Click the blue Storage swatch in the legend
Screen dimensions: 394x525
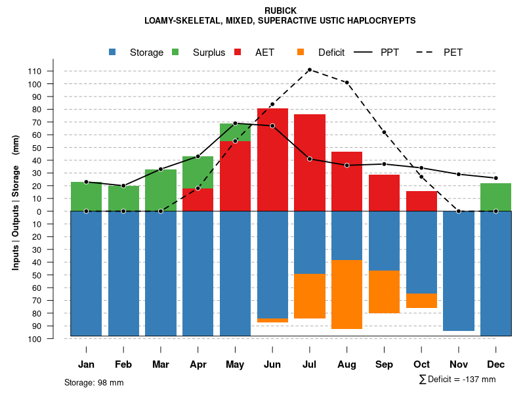click(113, 53)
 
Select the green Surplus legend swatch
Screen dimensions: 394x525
click(176, 53)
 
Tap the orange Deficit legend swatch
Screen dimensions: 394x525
click(301, 53)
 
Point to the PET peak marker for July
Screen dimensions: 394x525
click(309, 70)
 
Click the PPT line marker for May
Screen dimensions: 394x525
click(235, 123)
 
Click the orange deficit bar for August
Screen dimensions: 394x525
click(346, 294)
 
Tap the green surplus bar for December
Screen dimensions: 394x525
click(495, 197)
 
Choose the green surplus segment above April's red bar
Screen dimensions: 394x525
click(198, 172)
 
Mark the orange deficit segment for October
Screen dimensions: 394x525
click(421, 301)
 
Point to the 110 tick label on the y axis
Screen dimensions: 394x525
click(52, 71)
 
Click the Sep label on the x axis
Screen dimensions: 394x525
click(384, 364)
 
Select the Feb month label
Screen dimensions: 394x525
click(123, 364)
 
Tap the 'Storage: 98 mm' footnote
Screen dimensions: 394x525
click(94, 382)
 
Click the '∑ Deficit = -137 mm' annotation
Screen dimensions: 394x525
click(457, 380)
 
